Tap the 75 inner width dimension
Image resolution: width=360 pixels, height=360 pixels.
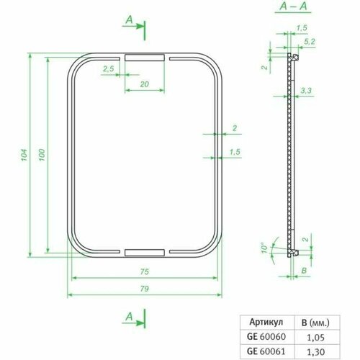coord(145,271)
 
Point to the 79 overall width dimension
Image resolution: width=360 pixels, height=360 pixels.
coord(145,289)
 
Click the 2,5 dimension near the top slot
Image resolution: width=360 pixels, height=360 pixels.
coord(109,68)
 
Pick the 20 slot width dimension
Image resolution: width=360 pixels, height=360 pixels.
coord(145,85)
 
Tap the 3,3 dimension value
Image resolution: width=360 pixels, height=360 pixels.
coord(305,91)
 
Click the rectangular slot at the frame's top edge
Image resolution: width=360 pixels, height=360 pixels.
coord(145,56)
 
